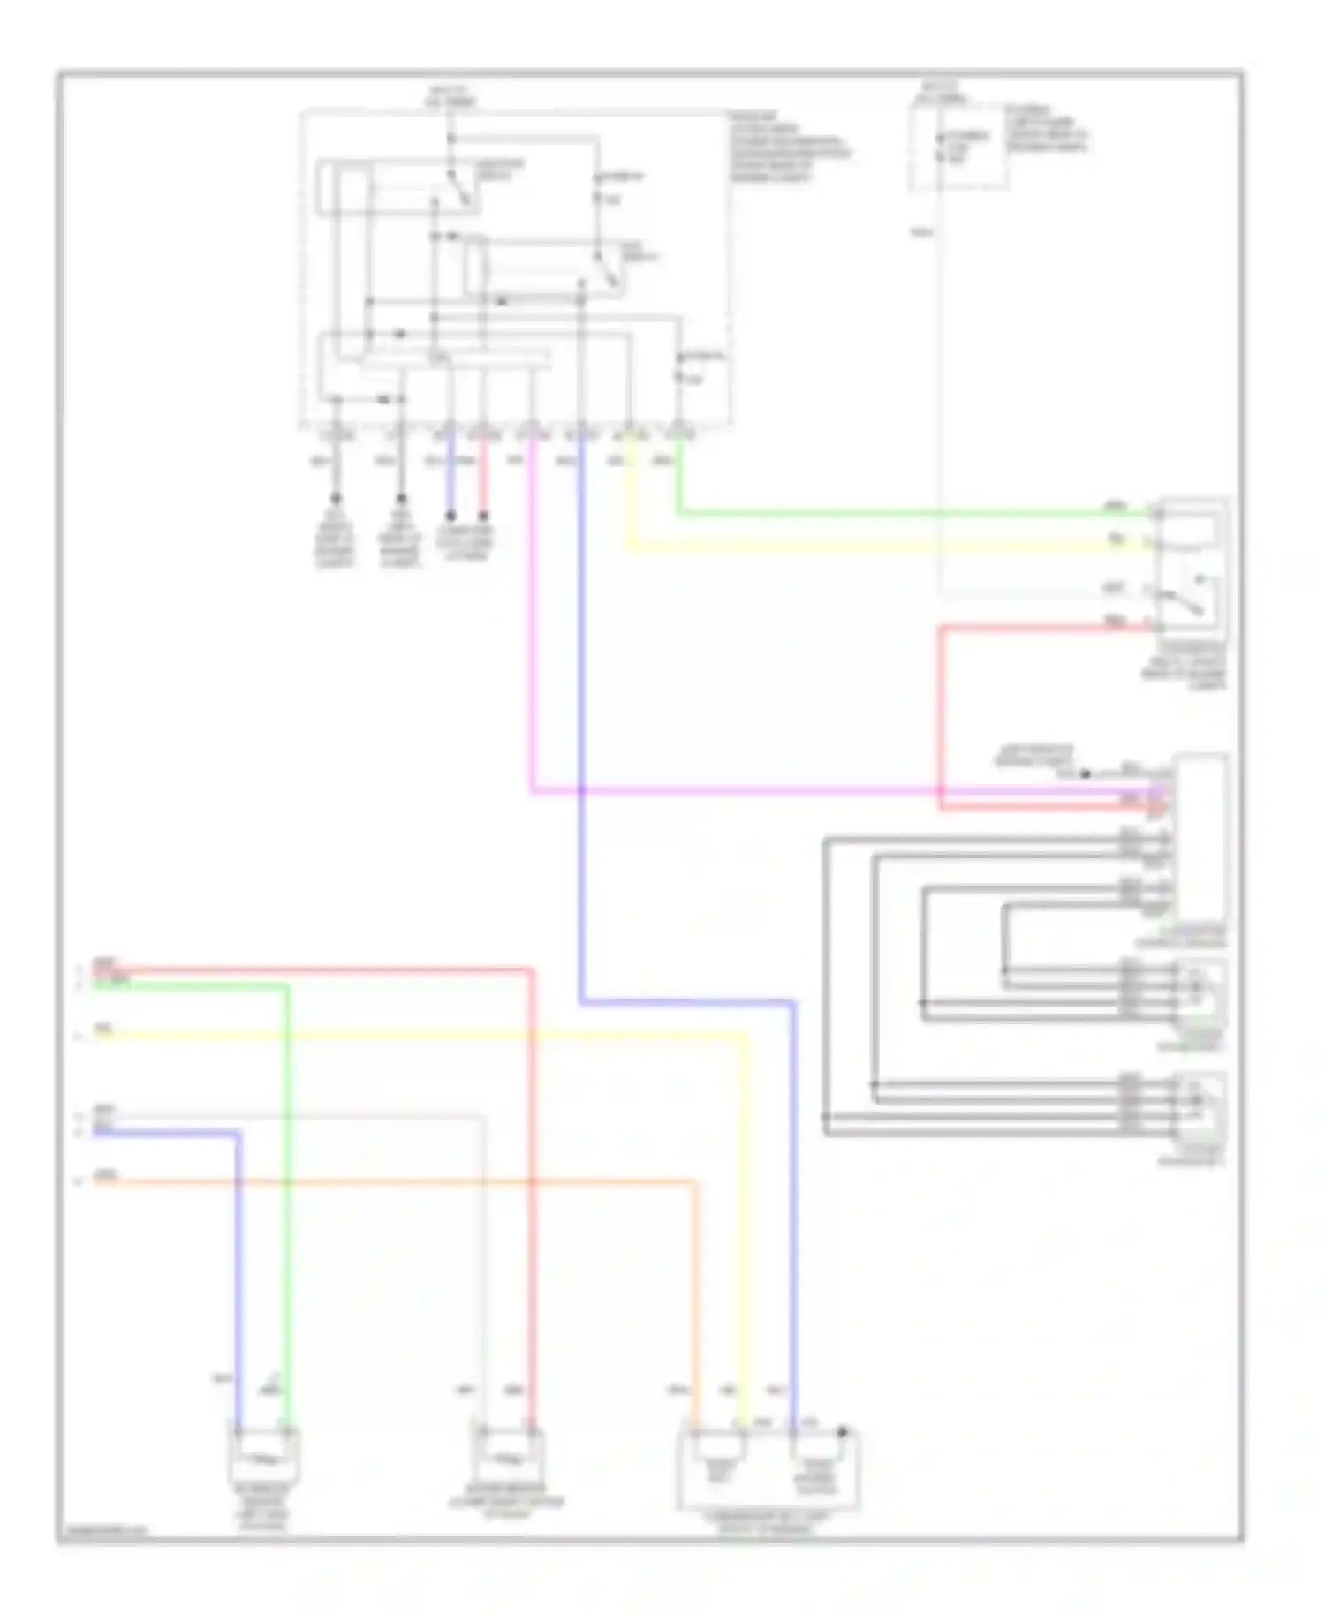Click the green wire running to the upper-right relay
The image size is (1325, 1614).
point(883,513)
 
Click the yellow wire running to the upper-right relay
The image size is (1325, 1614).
point(883,548)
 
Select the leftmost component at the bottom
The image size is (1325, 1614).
point(264,1456)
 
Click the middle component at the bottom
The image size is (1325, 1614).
point(508,1456)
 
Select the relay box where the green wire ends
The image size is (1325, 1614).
point(1192,565)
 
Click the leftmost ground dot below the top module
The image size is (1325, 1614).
point(336,499)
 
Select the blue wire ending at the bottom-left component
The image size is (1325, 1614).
point(238,1280)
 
